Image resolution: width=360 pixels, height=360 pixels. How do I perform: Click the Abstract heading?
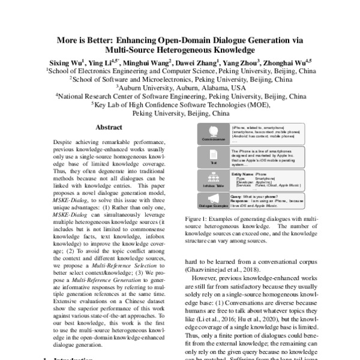click(x=109, y=128)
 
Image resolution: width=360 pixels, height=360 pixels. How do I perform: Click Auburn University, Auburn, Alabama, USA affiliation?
click(x=180, y=87)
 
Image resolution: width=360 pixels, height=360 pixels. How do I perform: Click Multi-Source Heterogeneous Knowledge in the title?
click(x=180, y=50)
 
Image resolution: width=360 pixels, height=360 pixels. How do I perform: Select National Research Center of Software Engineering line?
click(x=180, y=95)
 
